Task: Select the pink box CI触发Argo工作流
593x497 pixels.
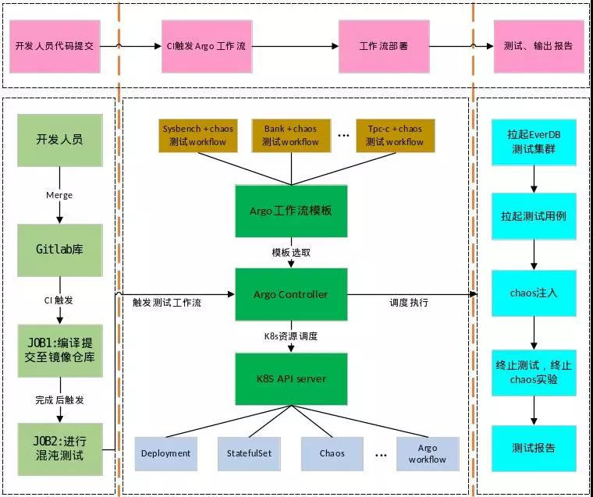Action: [206, 46]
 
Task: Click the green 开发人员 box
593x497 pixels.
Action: [59, 141]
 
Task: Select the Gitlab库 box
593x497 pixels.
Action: [59, 250]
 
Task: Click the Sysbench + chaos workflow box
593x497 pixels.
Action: [197, 135]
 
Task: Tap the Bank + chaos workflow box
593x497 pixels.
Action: [290, 135]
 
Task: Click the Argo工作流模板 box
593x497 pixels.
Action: [292, 211]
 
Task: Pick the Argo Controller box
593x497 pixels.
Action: [292, 294]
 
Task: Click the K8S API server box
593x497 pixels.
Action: [292, 378]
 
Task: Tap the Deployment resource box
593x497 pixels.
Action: [166, 453]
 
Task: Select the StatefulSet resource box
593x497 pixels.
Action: [249, 453]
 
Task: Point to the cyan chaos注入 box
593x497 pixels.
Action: [534, 293]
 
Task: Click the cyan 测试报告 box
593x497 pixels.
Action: [534, 448]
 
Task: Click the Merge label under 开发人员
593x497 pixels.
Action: [59, 195]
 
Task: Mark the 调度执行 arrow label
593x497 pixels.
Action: [409, 302]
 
